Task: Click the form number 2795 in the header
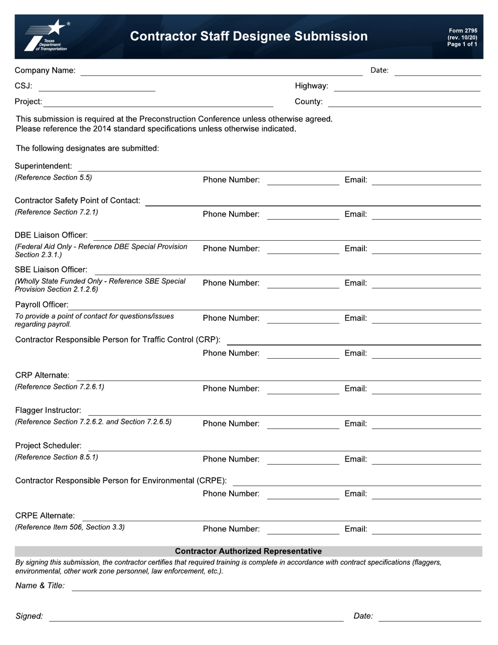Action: [x=462, y=31]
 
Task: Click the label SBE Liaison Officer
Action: [x=51, y=270]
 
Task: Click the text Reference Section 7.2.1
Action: [x=57, y=212]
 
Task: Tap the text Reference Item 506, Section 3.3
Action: [x=70, y=527]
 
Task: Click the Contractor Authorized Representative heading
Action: [x=248, y=551]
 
